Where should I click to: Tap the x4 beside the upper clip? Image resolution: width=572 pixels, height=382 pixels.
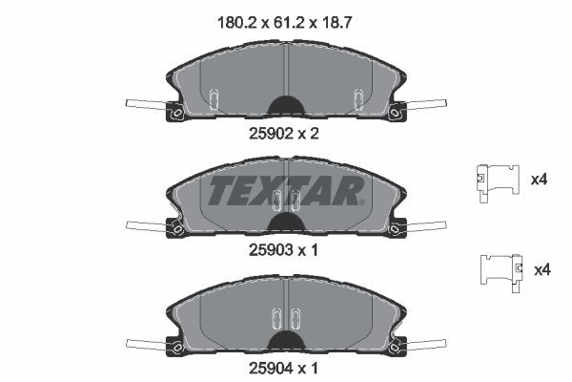(x=539, y=179)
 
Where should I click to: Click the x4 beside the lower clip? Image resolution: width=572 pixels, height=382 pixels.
(x=542, y=271)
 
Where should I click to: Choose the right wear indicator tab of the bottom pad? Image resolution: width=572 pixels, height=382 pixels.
(x=425, y=341)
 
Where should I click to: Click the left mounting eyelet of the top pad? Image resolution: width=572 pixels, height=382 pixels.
(x=175, y=116)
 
